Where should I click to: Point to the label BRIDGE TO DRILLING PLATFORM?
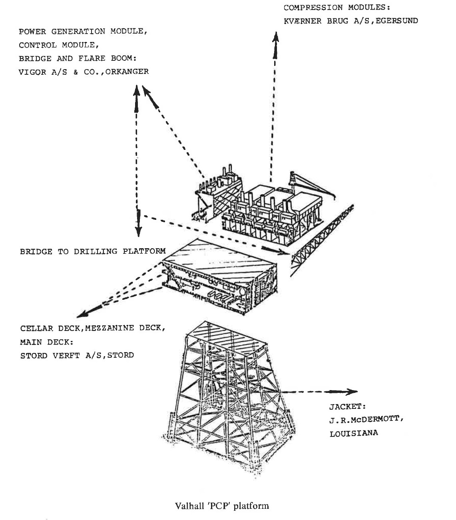92,251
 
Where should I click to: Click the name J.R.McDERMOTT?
364,420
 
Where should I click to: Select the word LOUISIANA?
353,433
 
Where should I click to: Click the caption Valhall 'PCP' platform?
222,506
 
